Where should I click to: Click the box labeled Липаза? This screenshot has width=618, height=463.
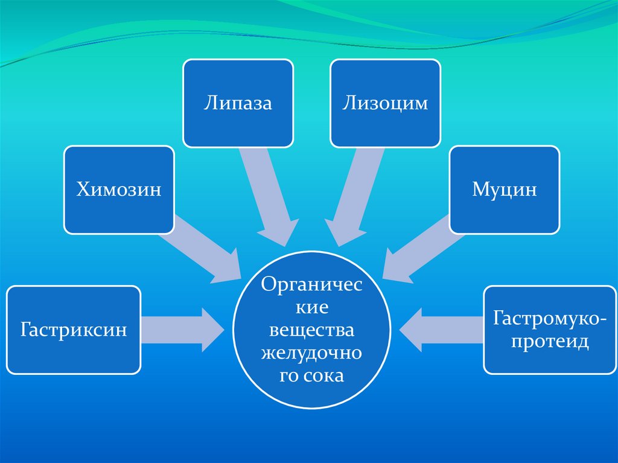(x=238, y=103)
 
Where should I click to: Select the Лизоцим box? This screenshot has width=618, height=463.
(x=385, y=103)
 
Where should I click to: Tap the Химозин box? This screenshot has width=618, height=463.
(x=119, y=190)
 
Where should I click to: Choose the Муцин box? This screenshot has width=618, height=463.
(x=505, y=190)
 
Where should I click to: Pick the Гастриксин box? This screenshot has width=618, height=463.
(x=74, y=330)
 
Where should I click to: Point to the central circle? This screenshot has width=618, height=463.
(x=311, y=331)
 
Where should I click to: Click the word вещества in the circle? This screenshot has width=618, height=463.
(x=311, y=331)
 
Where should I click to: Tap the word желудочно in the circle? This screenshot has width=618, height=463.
(x=311, y=354)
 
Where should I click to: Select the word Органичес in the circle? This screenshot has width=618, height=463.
(x=311, y=285)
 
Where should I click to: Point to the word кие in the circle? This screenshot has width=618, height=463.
(x=311, y=308)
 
